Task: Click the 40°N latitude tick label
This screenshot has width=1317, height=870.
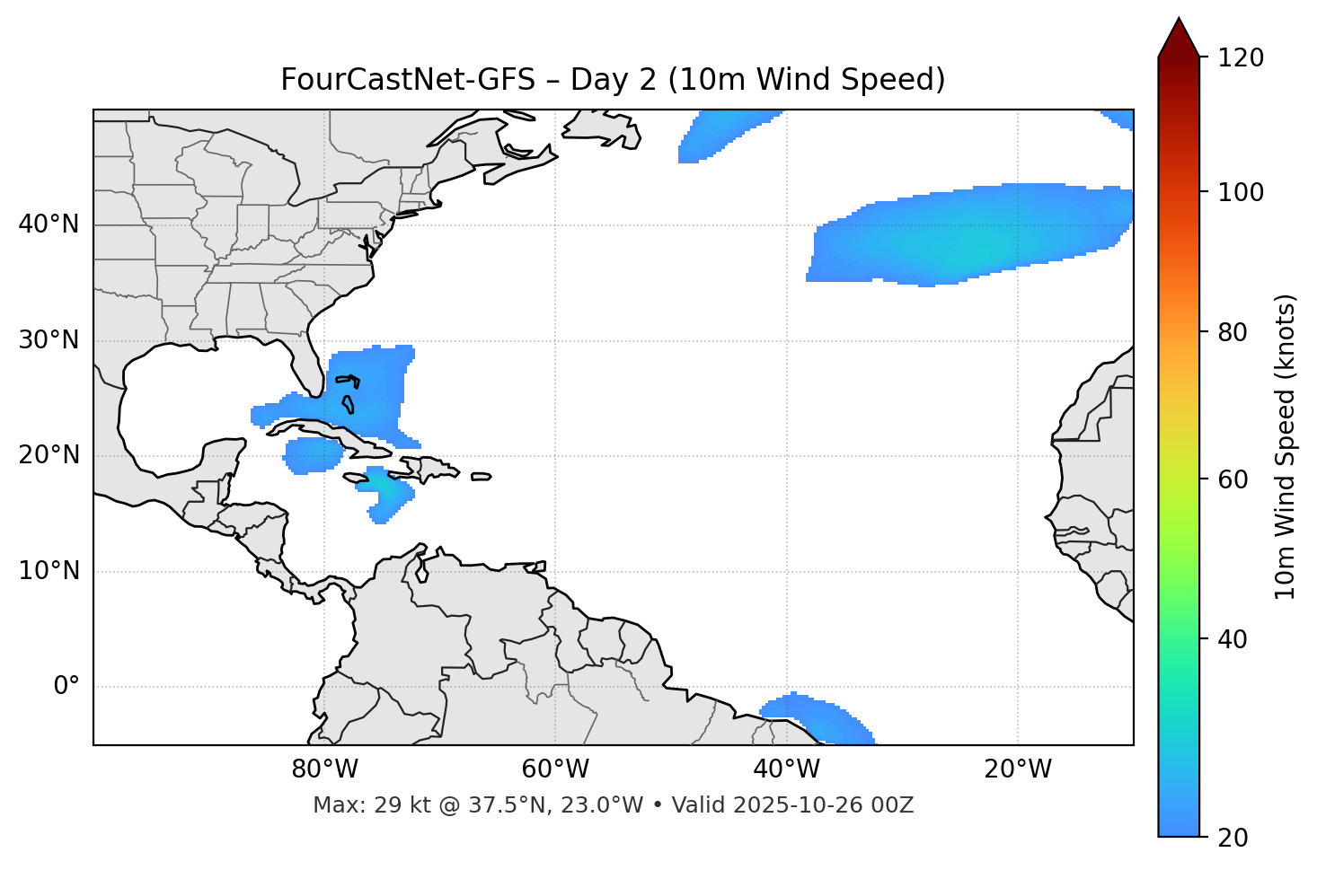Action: coord(49,224)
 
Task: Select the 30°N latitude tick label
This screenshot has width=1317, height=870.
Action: coord(49,340)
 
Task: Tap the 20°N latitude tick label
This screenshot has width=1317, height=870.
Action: coord(49,455)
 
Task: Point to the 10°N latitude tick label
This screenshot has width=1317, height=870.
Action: coord(49,571)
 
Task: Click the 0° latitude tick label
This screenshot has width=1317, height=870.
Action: coord(66,687)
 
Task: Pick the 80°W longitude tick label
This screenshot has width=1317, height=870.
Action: coord(324,769)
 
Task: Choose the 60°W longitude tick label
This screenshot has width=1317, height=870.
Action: coord(555,769)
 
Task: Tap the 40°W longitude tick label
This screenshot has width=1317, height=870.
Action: coord(786,769)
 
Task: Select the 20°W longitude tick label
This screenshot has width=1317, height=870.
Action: coord(1018,769)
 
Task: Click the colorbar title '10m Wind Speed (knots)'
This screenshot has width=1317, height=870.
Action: coord(1286,446)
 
